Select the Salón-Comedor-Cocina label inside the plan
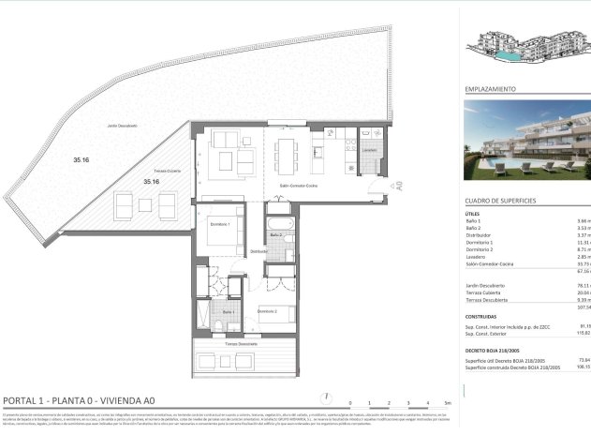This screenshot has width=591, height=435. (x=298, y=187)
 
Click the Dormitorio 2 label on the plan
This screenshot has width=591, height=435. (x=267, y=310)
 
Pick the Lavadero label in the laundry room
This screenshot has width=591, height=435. (x=369, y=149)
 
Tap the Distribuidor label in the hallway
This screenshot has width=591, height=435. (x=259, y=251)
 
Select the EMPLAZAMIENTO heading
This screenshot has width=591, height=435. (x=491, y=89)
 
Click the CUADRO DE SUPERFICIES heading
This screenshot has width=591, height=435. (x=500, y=202)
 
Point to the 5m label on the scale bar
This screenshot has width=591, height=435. (x=449, y=402)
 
